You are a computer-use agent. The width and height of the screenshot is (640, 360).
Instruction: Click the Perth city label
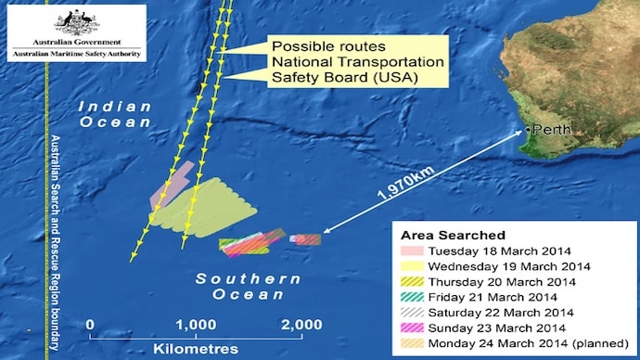548,130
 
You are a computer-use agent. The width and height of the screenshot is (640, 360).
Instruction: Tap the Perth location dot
526,130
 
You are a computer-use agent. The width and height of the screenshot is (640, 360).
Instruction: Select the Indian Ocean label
114,114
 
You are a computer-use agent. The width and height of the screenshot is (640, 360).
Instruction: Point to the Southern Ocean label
248,287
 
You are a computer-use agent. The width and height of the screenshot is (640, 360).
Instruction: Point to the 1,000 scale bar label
197,324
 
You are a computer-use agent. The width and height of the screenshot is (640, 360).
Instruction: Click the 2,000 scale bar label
301,324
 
